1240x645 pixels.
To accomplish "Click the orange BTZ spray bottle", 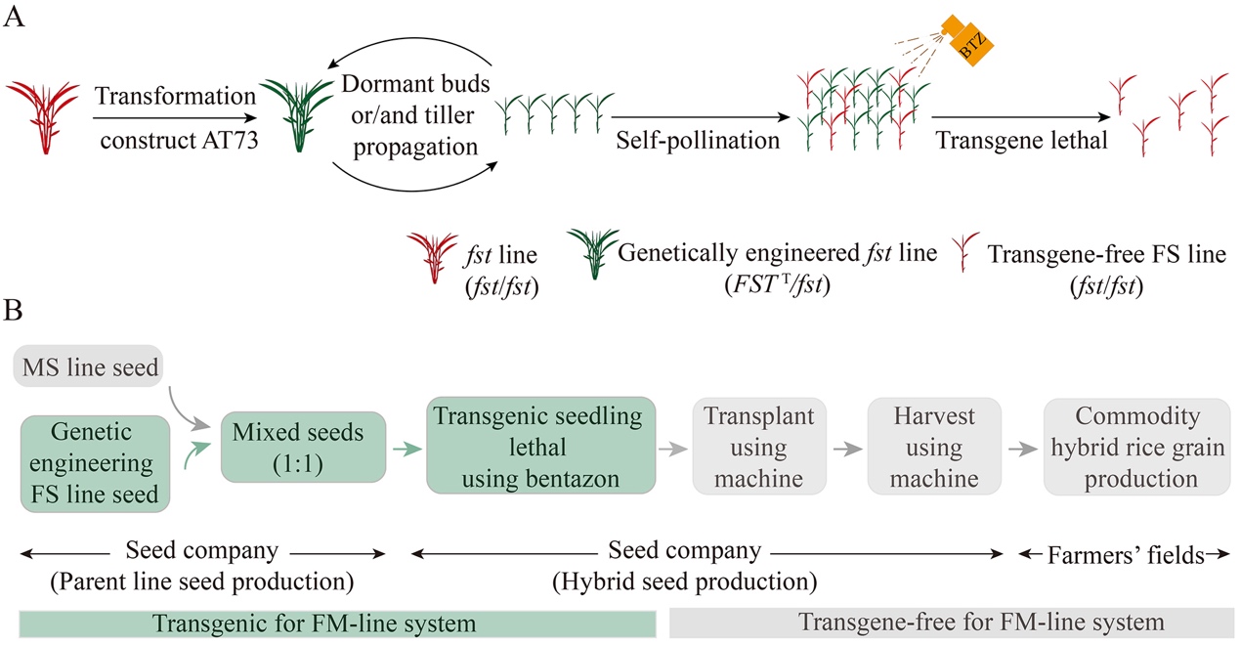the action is tap(968, 40).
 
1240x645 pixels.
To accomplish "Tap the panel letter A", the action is tap(14, 17).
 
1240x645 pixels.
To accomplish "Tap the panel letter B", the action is tap(13, 311).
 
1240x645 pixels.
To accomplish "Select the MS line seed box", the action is tap(89, 366).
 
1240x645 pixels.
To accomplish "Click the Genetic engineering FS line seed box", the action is tap(95, 463).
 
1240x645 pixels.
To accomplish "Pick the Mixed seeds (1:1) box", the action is tap(303, 447).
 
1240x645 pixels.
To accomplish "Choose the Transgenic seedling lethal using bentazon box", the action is tap(540, 446).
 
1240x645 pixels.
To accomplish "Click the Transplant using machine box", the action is tap(759, 446).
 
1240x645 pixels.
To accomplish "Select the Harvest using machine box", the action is tap(934, 446).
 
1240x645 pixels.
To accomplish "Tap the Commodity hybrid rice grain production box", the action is tap(1137, 447).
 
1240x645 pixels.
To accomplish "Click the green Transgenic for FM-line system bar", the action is tap(338, 623).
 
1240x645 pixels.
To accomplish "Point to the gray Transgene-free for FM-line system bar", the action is tap(952, 623).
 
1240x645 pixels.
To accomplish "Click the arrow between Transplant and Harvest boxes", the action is tap(847, 449).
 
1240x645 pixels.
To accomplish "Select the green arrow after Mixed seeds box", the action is tap(406, 449).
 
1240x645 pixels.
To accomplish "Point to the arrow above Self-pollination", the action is tap(701, 117).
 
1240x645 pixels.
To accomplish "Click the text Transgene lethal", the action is tap(1021, 140).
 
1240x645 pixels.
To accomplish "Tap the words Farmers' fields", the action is tap(1126, 555).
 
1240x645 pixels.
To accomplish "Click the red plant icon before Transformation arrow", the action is tap(43, 117).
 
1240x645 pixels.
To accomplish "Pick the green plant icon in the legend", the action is tap(593, 253).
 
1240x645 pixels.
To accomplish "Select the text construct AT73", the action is tap(179, 140).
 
